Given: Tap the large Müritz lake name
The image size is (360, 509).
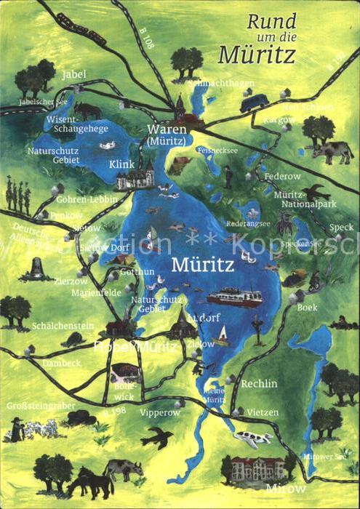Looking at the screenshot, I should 202,265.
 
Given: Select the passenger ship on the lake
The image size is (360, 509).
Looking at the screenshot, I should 234,297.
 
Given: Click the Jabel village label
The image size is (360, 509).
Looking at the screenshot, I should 73,74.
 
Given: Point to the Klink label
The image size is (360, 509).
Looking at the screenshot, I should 121,164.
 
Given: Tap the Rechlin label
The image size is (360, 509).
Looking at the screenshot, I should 259,383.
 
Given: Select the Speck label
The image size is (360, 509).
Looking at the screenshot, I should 341,227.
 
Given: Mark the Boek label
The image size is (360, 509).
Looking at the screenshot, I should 307,307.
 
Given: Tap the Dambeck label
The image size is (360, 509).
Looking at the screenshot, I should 61,362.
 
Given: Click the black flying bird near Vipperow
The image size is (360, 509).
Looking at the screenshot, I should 157,438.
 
